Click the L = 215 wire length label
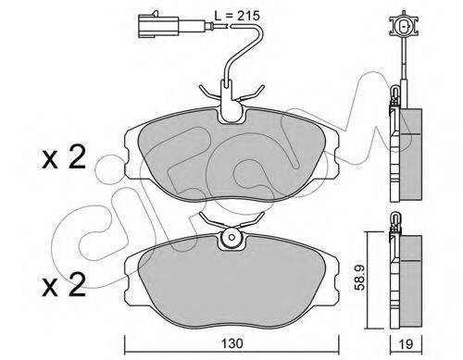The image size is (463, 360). click(237, 16)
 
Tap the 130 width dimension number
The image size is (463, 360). click(231, 343)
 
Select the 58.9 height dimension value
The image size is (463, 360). click(359, 278)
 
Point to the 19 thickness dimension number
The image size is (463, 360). click(406, 343)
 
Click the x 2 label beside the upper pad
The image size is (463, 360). click(64, 158)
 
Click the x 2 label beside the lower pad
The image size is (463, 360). click(64, 285)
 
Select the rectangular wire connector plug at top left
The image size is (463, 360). click(158, 26)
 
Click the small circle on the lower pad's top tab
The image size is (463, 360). click(231, 238)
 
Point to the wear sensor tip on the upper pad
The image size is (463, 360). click(231, 108)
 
